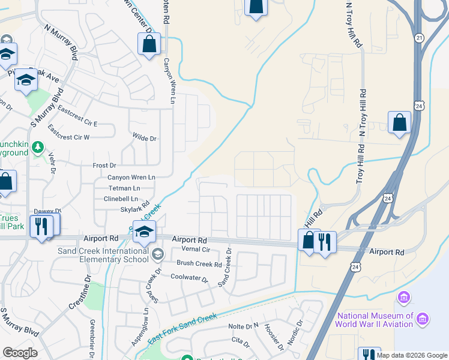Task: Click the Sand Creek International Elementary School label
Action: (x=103, y=255)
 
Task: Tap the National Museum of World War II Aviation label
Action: (x=375, y=320)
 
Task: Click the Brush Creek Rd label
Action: (x=199, y=263)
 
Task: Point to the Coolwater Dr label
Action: (x=188, y=278)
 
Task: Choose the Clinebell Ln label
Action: (x=121, y=199)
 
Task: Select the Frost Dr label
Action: (x=104, y=165)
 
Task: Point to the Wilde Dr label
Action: (x=145, y=139)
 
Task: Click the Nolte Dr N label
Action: (x=243, y=326)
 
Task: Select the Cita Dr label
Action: (x=240, y=341)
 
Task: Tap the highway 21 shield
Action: (x=419, y=37)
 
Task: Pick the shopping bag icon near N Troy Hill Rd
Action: (x=399, y=122)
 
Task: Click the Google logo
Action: (x=20, y=353)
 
